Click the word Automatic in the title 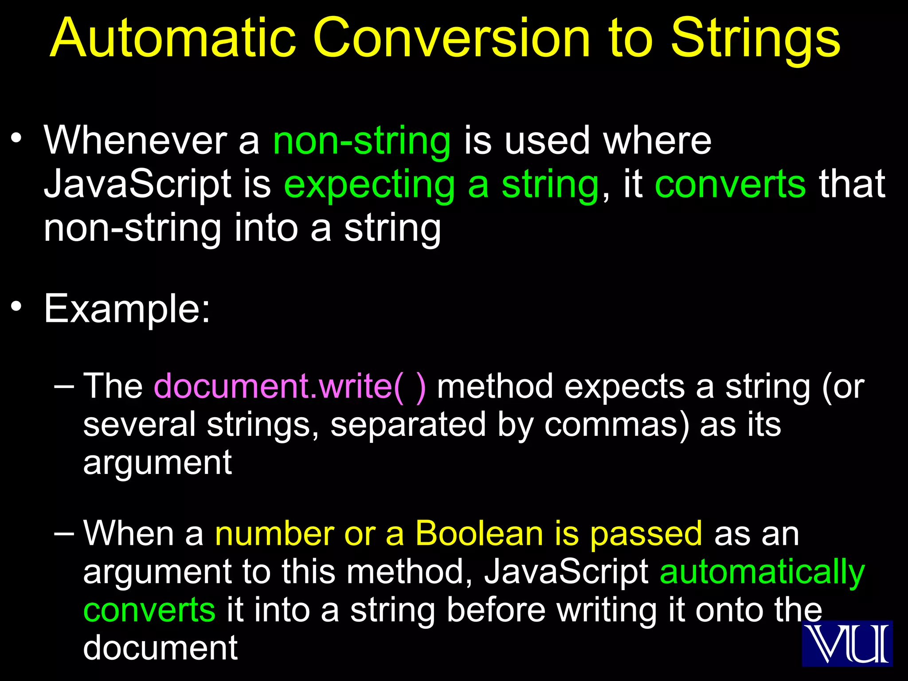pyautogui.click(x=173, y=39)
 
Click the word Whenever pyautogui.click(x=135, y=141)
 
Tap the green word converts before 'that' pyautogui.click(x=730, y=184)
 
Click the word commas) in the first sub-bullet pyautogui.click(x=617, y=425)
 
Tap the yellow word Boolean pyautogui.click(x=479, y=534)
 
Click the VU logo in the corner pyautogui.click(x=847, y=643)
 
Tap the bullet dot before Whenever pyautogui.click(x=16, y=138)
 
